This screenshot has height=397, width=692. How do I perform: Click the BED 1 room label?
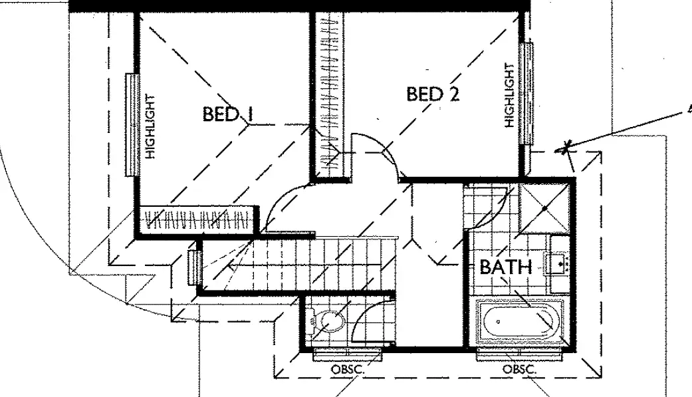point(228,114)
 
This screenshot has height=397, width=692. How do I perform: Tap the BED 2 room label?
point(433,94)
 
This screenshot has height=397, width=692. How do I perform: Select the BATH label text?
point(505,267)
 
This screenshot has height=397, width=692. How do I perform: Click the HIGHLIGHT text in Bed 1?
point(150,126)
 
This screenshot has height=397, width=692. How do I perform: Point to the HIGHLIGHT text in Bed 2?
point(509,94)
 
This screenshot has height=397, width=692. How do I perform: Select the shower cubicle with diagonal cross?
point(544,207)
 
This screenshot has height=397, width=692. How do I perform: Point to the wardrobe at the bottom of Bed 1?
point(196,219)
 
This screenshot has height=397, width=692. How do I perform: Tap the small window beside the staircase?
point(196,266)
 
